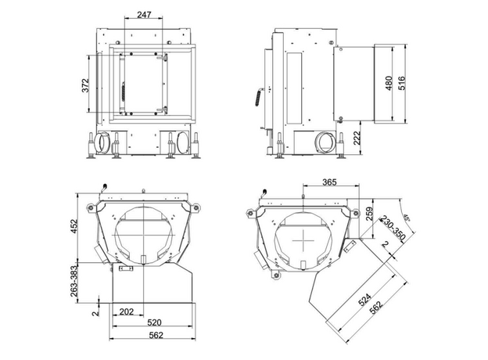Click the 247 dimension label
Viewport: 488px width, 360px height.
click(144, 14)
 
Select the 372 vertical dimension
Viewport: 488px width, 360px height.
click(85, 85)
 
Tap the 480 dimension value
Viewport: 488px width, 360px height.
click(389, 83)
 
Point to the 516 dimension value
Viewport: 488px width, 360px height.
click(402, 83)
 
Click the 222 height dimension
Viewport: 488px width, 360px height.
click(357, 138)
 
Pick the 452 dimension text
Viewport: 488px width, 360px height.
click(74, 227)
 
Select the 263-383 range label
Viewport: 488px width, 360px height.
click(74, 284)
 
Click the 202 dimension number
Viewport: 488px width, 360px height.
click(127, 311)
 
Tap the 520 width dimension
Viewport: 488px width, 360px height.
click(154, 322)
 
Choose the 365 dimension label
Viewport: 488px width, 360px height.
click(329, 182)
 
